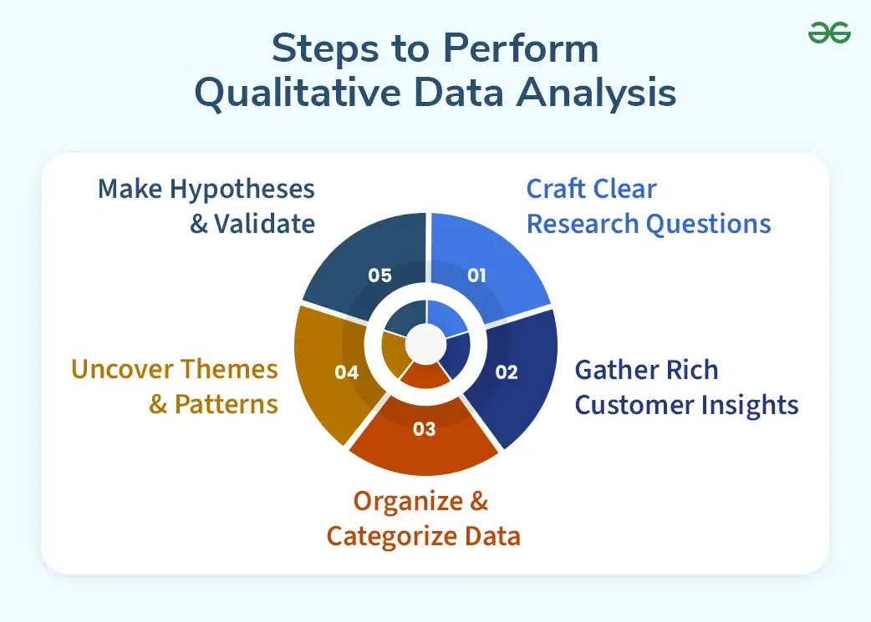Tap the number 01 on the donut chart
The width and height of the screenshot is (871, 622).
pos(476,275)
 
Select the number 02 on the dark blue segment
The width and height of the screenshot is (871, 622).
pos(507,372)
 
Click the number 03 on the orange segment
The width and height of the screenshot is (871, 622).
pos(425,429)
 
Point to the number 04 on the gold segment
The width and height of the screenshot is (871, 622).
pos(346,372)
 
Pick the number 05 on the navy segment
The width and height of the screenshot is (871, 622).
pos(379,275)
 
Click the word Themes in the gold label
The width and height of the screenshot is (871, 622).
pos(227,369)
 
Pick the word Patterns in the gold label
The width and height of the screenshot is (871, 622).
pos(227,405)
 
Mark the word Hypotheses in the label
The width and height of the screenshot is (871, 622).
pos(242,189)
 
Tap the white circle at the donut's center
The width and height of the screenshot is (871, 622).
pos(426,342)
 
